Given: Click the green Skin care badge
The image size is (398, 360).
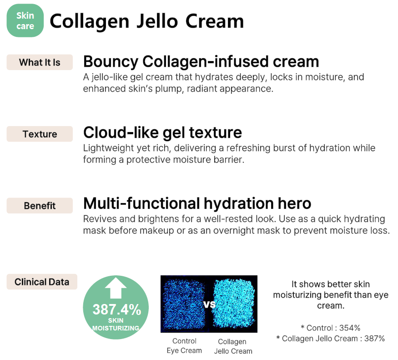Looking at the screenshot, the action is point(25,20).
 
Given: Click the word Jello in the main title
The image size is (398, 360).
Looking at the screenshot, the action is point(157,21).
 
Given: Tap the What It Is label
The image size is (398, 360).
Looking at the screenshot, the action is point(40,62).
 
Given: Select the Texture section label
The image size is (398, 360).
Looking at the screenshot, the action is point(40,134).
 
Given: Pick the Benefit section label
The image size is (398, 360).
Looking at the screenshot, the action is point(40,206).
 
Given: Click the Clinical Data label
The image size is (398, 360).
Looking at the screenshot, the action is point(42,282).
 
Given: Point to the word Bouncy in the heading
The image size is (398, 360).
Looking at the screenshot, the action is point(111,62).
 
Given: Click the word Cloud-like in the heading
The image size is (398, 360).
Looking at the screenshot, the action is point(121,132).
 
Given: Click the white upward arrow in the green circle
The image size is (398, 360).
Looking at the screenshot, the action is point(116,288).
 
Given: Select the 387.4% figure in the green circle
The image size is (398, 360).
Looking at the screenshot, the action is point(117,309).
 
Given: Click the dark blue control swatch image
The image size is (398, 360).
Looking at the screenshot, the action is point(185,304).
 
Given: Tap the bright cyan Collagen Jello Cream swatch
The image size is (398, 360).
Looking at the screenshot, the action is point(233,304).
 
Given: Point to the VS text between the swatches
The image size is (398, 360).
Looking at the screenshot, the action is point(209,304).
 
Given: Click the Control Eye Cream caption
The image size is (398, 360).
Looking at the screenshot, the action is point(184,346).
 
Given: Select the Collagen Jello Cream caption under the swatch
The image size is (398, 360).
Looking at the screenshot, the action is point(233,346).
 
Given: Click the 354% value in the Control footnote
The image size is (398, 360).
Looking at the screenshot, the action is point(350,328).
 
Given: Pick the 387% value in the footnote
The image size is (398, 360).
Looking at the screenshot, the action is point(375,339).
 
